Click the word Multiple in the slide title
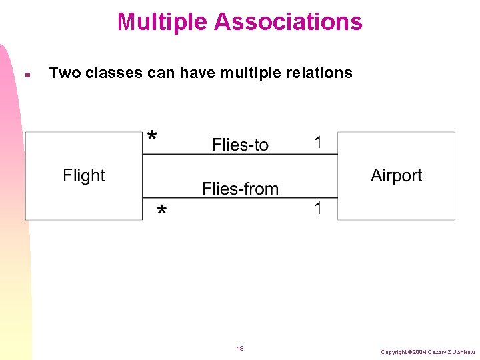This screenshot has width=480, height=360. [162, 22]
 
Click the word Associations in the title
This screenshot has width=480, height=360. [288, 22]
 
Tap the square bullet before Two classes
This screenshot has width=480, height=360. [26, 74]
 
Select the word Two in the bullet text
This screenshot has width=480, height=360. [64, 73]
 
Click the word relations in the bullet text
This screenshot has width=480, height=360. [319, 73]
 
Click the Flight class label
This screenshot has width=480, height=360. [84, 175]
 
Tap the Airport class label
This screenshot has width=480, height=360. [396, 175]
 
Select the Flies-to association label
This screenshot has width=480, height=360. [240, 145]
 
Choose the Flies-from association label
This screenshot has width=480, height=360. [240, 189]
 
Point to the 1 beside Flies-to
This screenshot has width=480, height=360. [318, 142]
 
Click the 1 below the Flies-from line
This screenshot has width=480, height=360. [318, 208]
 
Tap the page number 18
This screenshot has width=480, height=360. [240, 348]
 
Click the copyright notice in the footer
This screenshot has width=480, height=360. [428, 351]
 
